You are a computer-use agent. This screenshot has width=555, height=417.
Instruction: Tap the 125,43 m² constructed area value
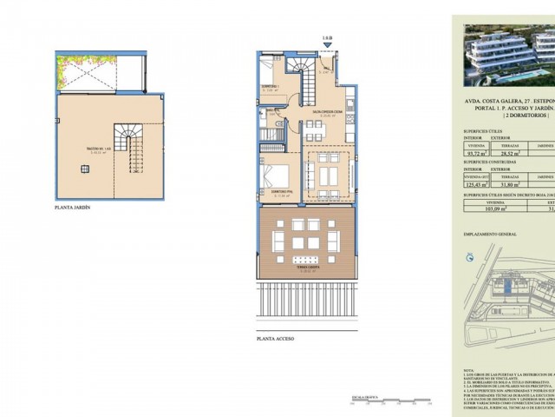coord(476,185)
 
